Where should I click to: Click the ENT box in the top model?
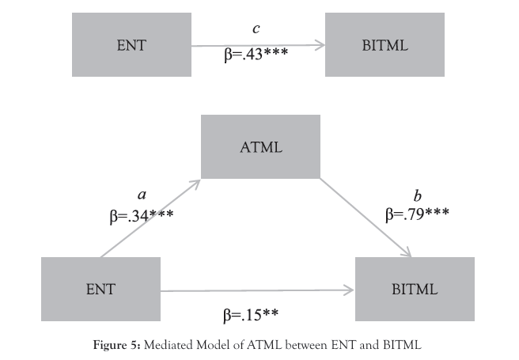pyautogui.click(x=131, y=45)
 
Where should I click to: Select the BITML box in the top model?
pyautogui.click(x=384, y=45)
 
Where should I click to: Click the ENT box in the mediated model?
pyautogui.click(x=100, y=289)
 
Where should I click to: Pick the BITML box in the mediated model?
pyautogui.click(x=415, y=289)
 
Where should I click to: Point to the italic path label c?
pyautogui.click(x=256, y=30)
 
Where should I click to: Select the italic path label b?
pyautogui.click(x=419, y=195)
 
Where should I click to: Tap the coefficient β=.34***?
pyautogui.click(x=142, y=214)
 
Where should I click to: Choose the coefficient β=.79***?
pyautogui.click(x=418, y=214)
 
